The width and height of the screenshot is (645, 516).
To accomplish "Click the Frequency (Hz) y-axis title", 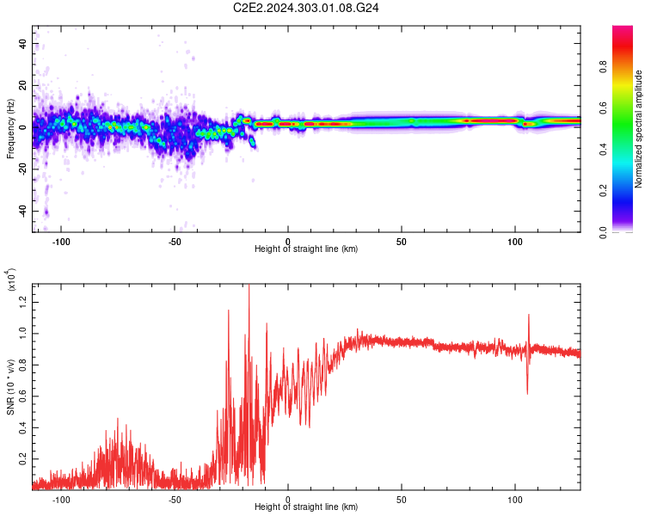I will click(10, 129).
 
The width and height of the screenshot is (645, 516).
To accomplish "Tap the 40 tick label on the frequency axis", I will click(23, 44).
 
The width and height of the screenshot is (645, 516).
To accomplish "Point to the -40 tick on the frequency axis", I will click(21, 212).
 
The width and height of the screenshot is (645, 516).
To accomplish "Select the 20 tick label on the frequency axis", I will click(23, 86).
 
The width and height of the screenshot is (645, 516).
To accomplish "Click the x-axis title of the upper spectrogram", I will click(306, 249).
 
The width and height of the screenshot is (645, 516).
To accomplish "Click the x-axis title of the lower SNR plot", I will click(306, 507).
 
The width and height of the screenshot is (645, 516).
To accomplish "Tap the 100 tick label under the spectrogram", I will click(515, 241).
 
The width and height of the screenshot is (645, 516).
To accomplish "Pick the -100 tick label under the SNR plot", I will click(61, 499).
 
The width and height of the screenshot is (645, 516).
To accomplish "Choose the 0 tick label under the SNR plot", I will click(288, 499).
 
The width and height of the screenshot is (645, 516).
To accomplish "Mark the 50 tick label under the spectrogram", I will click(402, 241).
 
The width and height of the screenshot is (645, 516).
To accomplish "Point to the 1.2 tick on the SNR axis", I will click(23, 301).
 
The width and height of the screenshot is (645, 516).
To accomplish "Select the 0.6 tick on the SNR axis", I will click(23, 395).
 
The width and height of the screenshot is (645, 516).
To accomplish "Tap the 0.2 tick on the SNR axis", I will click(23, 458).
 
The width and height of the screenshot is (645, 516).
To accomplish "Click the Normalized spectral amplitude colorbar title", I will click(639, 129).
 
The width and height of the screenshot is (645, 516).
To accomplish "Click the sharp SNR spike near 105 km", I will click(528, 316).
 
